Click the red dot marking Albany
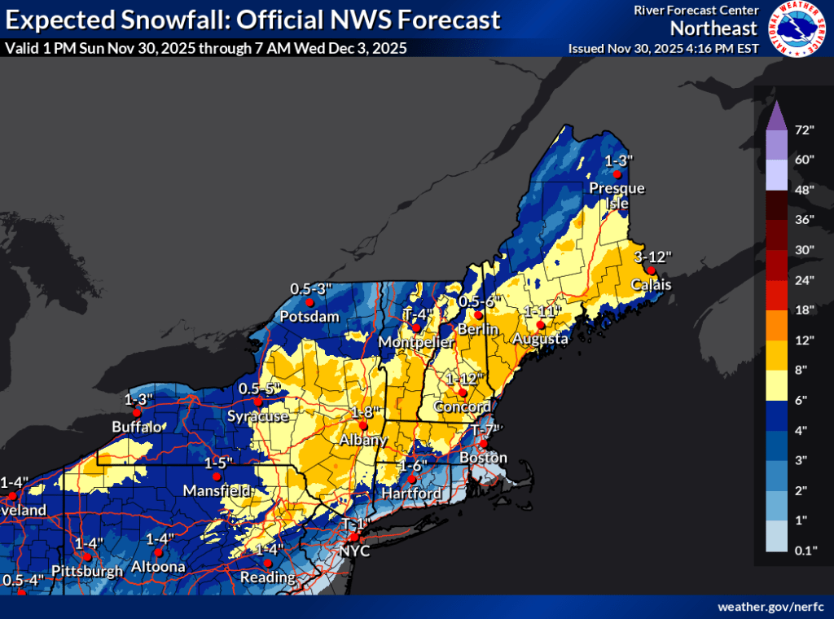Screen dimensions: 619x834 coord(363,425)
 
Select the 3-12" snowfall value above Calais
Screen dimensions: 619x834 coord(652,257)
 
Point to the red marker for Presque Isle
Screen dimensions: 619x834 coord(617,174)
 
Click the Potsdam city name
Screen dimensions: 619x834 coord(309,316)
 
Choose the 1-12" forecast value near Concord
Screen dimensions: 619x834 coord(463,378)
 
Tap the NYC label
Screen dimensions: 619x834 coord(356,551)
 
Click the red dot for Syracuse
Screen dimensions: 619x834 coord(258,401)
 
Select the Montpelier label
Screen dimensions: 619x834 coord(414,340)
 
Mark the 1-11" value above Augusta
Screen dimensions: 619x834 coord(543,311)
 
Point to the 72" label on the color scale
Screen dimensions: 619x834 coord(805,130)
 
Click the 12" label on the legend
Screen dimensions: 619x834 coord(805,339)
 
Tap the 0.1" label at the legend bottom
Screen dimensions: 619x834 coord(805,550)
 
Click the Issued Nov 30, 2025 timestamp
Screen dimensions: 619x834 coord(664,48)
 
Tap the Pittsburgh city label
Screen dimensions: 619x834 coord(86,570)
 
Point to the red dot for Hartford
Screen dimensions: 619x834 coord(412,479)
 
